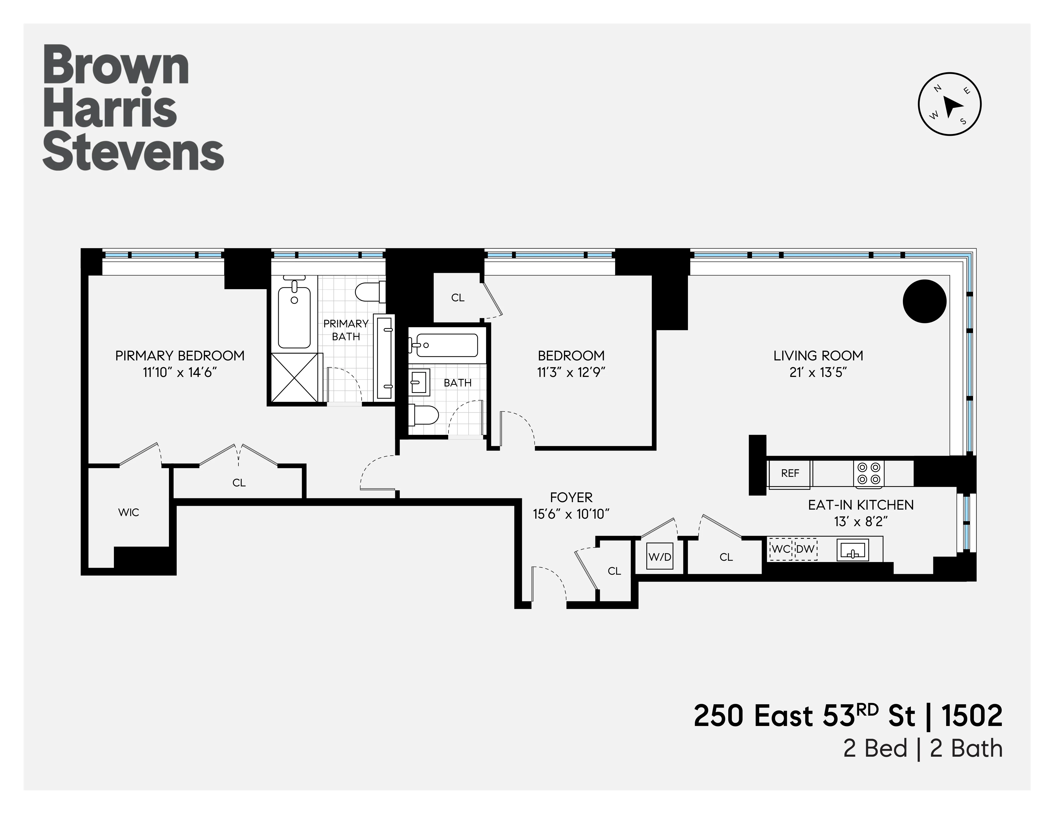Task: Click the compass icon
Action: [x=949, y=104]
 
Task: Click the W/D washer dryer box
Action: [x=659, y=557]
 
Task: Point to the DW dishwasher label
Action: [x=805, y=549]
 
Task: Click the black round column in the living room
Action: [x=924, y=301]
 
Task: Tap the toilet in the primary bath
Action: [x=369, y=291]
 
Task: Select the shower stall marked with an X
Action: [x=295, y=377]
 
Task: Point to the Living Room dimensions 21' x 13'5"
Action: [x=818, y=372]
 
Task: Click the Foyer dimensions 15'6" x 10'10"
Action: [x=571, y=514]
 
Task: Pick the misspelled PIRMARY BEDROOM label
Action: [x=180, y=356]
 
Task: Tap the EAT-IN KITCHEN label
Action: [x=861, y=505]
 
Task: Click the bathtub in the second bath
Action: [x=446, y=345]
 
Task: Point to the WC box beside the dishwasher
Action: [x=780, y=549]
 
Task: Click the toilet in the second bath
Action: [x=424, y=415]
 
